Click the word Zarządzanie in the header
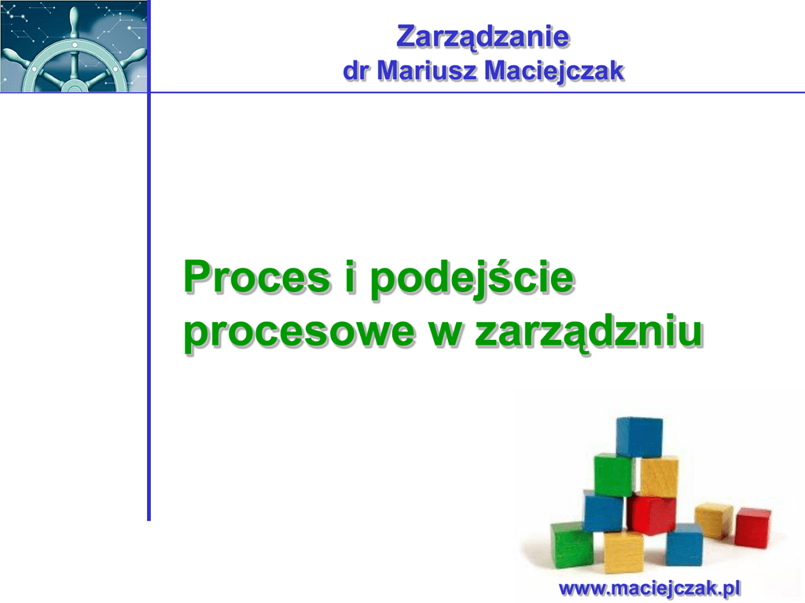coord(483,38)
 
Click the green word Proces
coord(257,277)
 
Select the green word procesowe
coord(299,333)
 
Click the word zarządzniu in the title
coord(589,332)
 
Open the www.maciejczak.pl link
coord(650,588)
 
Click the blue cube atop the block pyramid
coord(639,437)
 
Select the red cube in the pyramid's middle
coord(650,513)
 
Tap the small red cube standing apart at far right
coord(752,528)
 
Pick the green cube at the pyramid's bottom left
coord(572,545)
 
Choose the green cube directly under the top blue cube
coord(615,475)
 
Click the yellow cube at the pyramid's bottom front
coord(623,552)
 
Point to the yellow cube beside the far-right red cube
coord(714,520)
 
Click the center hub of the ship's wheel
coord(75,85)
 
